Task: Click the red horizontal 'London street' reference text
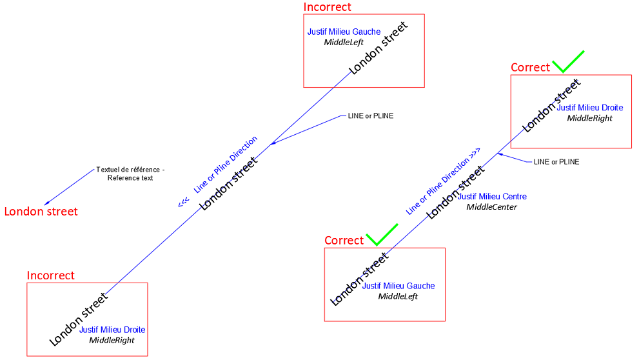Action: [41, 211]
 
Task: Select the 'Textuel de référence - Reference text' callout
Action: [130, 174]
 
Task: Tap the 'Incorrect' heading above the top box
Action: [327, 7]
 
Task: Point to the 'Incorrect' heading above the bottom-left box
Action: [50, 275]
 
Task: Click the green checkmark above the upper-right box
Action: [568, 62]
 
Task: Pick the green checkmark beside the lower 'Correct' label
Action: [382, 235]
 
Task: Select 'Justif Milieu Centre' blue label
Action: [492, 197]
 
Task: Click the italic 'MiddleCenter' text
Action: [491, 207]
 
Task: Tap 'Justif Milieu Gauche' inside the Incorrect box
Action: [344, 32]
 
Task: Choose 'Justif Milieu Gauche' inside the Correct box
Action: [398, 286]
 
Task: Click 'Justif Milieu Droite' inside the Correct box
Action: [590, 108]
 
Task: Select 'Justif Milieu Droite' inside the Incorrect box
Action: [112, 330]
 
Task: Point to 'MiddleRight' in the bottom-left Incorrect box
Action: [112, 340]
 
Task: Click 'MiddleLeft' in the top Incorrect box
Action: [344, 42]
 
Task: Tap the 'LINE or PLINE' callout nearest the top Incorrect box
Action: [371, 115]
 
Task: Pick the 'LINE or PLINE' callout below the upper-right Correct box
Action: [556, 162]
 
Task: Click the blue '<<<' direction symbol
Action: [184, 202]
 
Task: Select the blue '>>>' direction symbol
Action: [475, 153]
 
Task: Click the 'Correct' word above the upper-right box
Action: [530, 67]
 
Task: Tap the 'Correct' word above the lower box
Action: [344, 241]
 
